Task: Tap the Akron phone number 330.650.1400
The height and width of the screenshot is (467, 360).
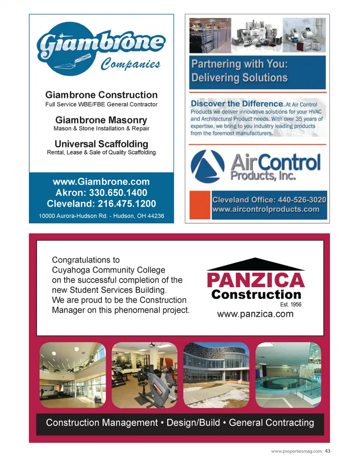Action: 118,193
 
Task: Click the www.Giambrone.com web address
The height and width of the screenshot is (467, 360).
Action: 101,182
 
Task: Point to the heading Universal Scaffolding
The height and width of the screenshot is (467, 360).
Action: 101,144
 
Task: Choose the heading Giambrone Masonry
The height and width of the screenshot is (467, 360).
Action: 101,120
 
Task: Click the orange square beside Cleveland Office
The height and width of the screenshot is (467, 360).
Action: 199,205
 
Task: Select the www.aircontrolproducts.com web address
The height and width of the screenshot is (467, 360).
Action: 266,209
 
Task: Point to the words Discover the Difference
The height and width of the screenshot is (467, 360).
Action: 237,104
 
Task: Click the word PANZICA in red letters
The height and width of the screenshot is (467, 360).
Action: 256,280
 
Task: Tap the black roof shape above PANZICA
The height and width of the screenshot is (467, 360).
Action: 255,264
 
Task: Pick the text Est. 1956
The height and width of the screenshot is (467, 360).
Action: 291,305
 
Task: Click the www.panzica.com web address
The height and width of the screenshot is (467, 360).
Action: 255,314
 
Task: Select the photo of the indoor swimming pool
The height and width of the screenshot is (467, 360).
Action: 288,375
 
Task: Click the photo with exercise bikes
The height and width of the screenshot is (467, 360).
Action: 144,375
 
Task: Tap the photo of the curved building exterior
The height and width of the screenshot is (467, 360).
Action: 216,375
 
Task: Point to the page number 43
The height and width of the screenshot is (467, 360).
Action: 328,451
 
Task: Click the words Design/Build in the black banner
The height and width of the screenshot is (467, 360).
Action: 193,423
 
